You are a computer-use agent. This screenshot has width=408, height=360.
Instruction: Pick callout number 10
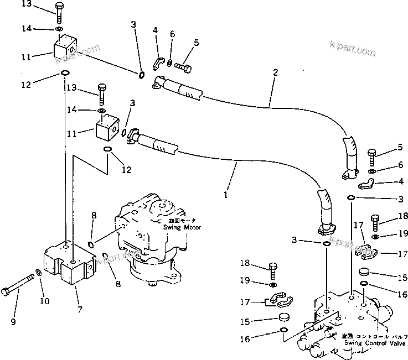click(44, 301)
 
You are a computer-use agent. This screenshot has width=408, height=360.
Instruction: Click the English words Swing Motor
click(182, 227)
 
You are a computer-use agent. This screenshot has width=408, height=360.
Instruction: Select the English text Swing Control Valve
click(375, 343)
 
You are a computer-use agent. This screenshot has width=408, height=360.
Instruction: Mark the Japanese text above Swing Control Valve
click(375, 336)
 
